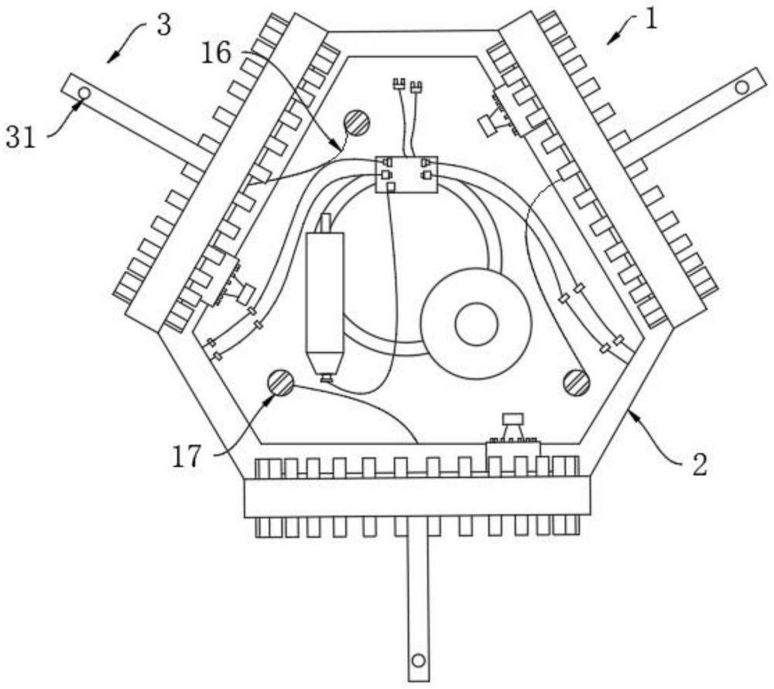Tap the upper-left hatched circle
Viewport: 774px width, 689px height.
click(357, 122)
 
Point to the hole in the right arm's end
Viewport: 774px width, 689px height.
click(741, 87)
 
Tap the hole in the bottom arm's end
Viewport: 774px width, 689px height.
click(418, 660)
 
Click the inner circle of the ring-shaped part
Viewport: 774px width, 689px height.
click(476, 324)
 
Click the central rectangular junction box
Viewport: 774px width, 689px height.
click(406, 174)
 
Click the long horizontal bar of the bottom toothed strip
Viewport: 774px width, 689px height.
click(416, 496)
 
